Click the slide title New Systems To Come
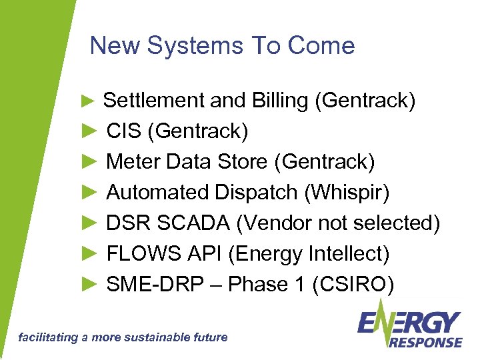pos(222,46)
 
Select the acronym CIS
pos(124,131)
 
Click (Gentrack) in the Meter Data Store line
pos(328,162)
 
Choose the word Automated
pos(158,193)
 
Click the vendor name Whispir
pos(347,193)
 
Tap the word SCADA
pos(193,223)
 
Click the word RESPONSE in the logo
pos(425,342)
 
